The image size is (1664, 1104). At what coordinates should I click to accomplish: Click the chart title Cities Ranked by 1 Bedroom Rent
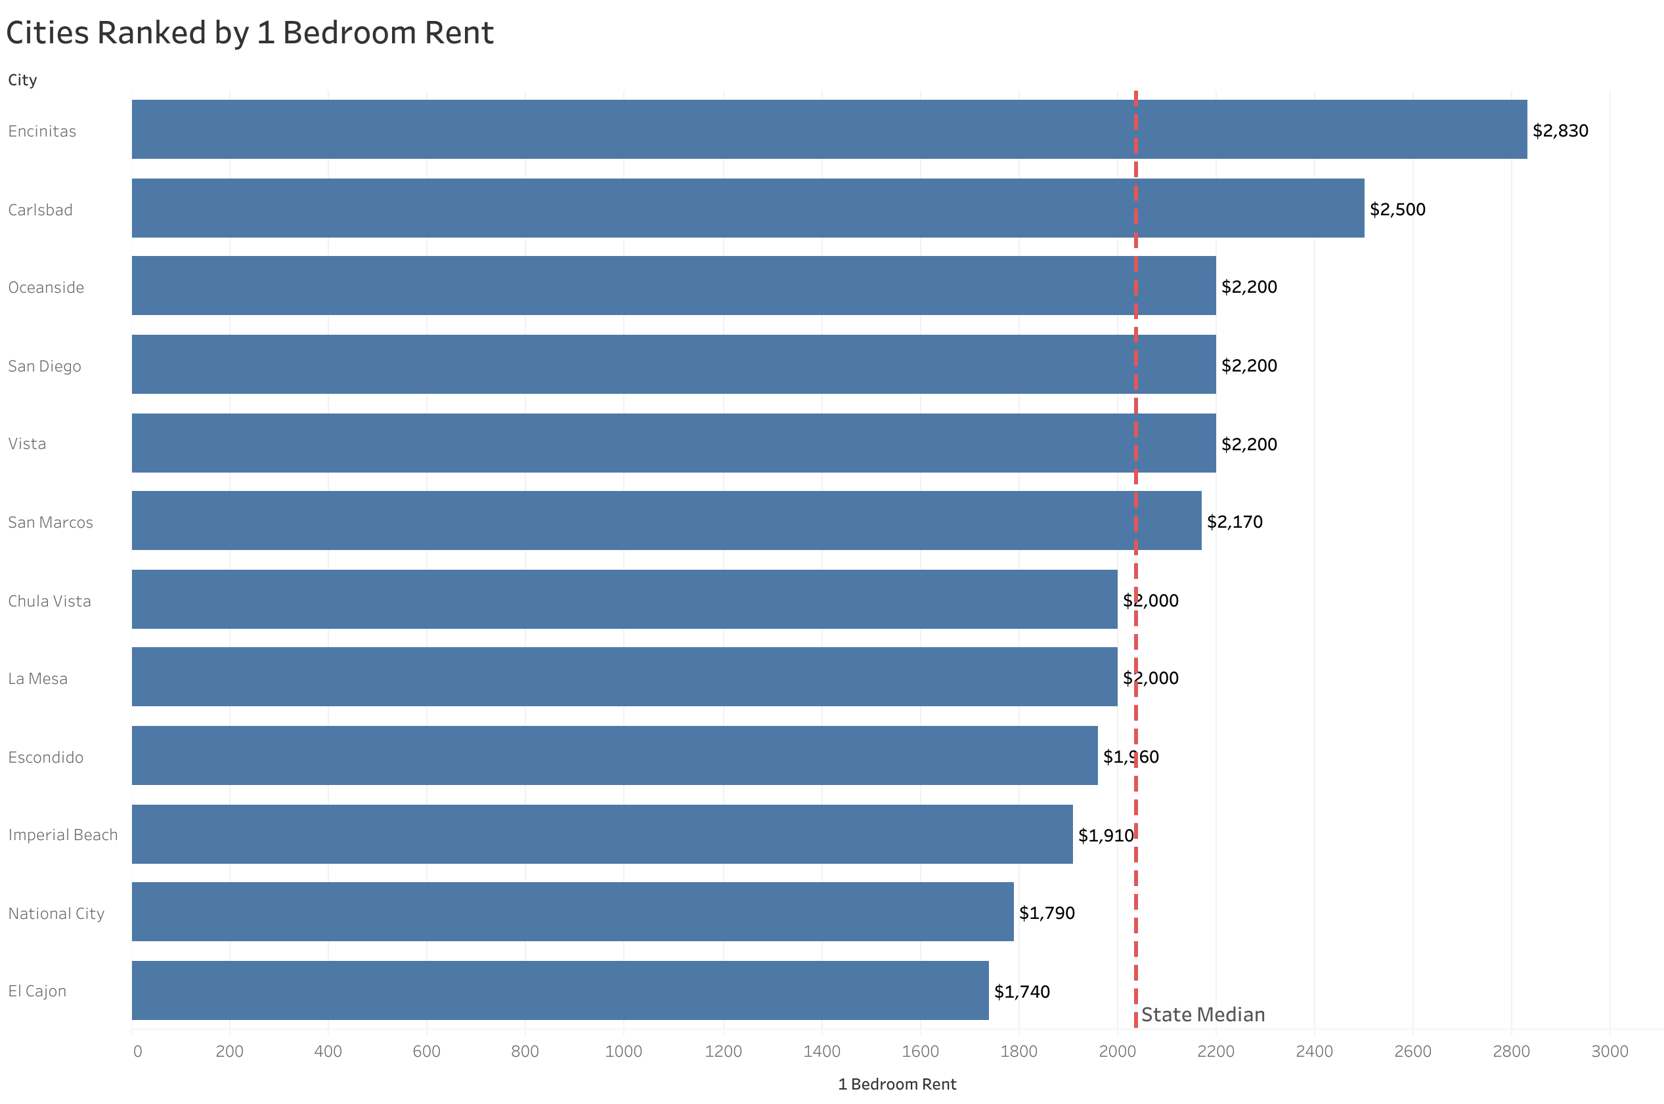pyautogui.click(x=250, y=33)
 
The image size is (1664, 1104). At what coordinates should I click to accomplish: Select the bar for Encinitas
pyautogui.click(x=829, y=129)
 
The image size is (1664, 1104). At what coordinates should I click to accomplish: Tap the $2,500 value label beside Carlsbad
pyautogui.click(x=1397, y=209)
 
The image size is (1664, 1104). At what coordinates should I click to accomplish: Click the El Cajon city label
pyautogui.click(x=37, y=990)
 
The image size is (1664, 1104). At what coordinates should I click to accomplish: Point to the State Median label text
pyautogui.click(x=1203, y=1015)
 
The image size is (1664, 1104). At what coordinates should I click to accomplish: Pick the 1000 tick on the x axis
pyautogui.click(x=624, y=1051)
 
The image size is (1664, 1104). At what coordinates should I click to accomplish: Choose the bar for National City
pyautogui.click(x=573, y=912)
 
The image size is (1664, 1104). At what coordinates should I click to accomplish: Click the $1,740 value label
pyautogui.click(x=1022, y=991)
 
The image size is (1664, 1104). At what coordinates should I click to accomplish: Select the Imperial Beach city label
pyautogui.click(x=62, y=834)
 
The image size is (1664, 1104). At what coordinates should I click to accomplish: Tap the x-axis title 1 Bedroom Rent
pyautogui.click(x=897, y=1084)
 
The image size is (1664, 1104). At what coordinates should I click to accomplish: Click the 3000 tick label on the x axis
pyautogui.click(x=1609, y=1051)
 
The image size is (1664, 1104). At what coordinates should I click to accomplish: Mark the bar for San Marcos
pyautogui.click(x=666, y=520)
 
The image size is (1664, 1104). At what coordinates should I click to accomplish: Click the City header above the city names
pyautogui.click(x=22, y=79)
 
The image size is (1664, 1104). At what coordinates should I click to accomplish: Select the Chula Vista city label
pyautogui.click(x=49, y=601)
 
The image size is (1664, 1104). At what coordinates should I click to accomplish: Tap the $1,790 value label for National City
pyautogui.click(x=1047, y=912)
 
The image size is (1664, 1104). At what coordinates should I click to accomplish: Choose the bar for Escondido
pyautogui.click(x=614, y=755)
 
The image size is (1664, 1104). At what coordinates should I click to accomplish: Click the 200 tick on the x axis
pyautogui.click(x=230, y=1051)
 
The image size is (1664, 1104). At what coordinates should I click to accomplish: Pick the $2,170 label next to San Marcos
pyautogui.click(x=1235, y=522)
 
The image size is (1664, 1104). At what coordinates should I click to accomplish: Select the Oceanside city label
pyautogui.click(x=46, y=287)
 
